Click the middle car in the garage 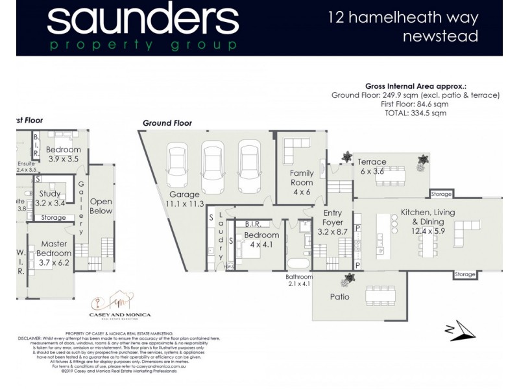[211, 167]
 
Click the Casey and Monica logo [123, 306]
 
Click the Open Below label [101, 206]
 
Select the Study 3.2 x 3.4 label [50, 198]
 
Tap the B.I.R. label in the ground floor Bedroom [254, 224]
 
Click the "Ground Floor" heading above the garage [167, 123]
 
